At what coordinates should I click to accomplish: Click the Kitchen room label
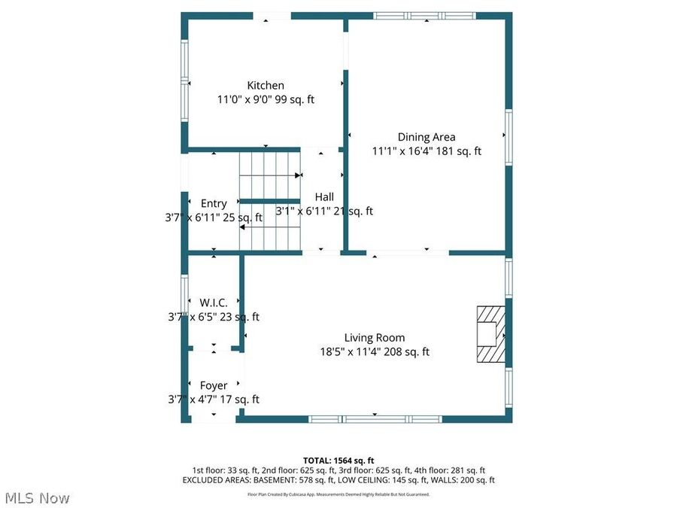point(266,86)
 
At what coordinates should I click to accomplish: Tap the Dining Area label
point(427,137)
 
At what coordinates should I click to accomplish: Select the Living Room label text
point(375,338)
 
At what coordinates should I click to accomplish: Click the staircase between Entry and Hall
point(269,200)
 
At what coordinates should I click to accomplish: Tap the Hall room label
point(324,197)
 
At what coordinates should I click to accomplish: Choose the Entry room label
point(214,204)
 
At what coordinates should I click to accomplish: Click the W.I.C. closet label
point(214,303)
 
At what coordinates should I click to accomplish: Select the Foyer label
point(214,386)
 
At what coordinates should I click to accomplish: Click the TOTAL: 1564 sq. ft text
point(338,460)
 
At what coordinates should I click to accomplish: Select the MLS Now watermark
point(37,498)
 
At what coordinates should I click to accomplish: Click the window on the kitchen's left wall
point(184,80)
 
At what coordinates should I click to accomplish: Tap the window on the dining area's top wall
point(425,15)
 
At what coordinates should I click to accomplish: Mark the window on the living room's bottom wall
point(375,418)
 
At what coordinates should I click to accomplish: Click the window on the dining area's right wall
point(509,138)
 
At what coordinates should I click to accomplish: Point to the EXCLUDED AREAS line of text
point(338,479)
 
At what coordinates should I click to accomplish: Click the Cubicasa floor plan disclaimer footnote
point(338,494)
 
